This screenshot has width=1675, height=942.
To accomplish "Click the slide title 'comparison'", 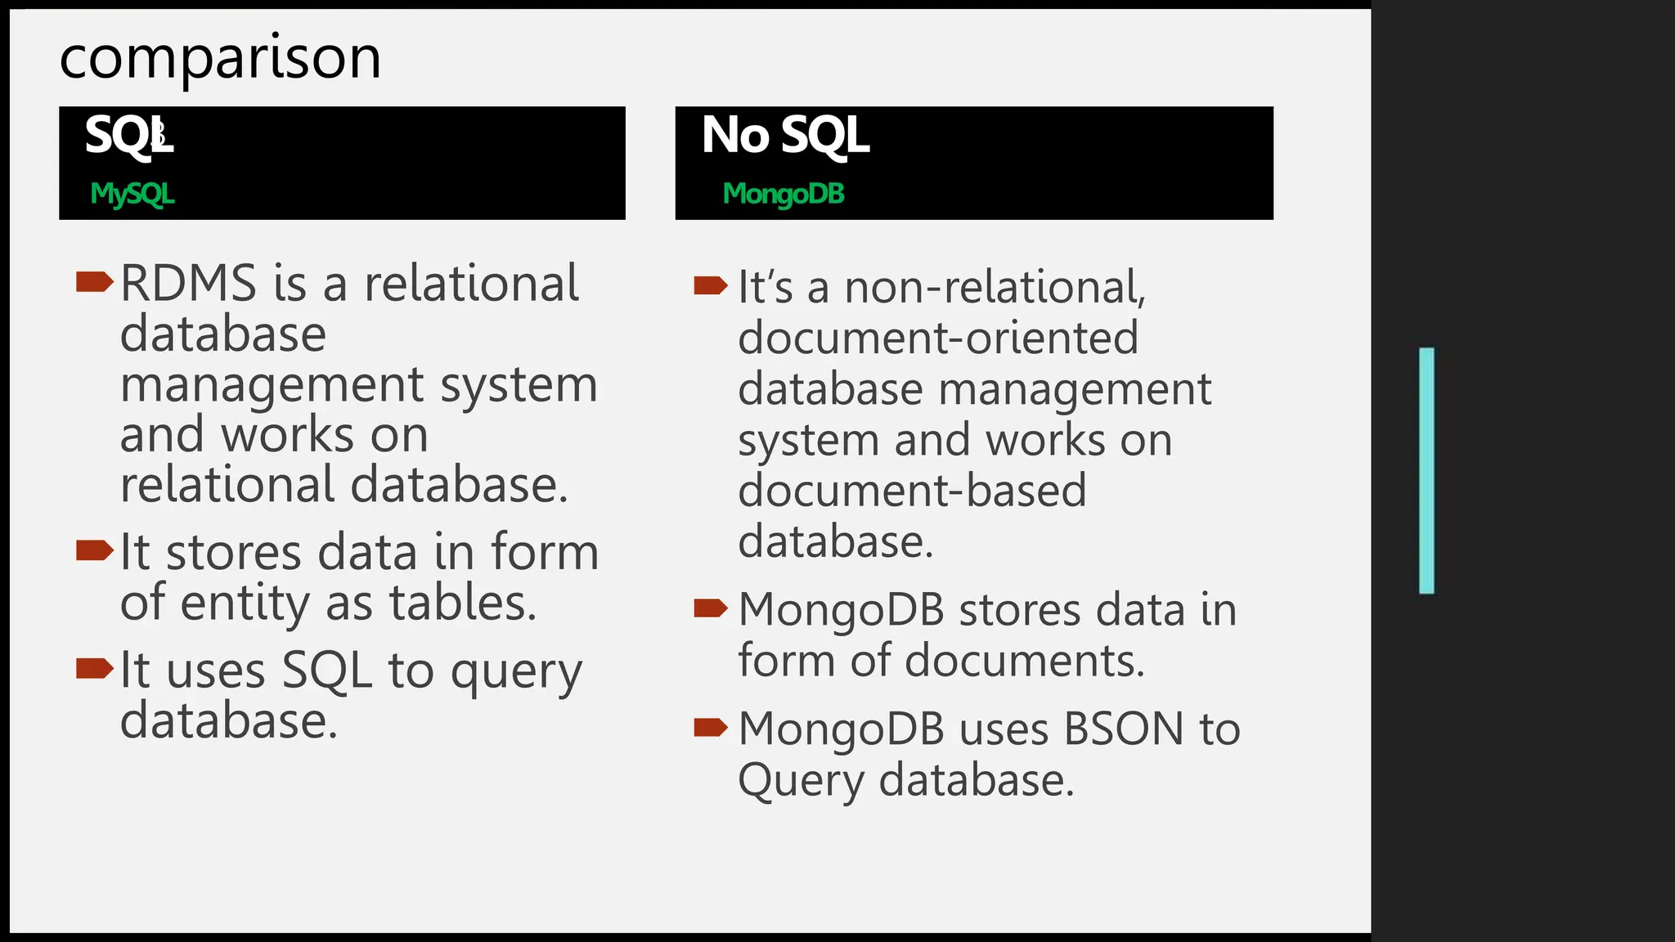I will [220, 58].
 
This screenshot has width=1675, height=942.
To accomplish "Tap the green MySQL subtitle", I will [132, 194].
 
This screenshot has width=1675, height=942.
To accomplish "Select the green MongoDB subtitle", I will [783, 194].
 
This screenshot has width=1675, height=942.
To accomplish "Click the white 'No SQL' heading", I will [784, 135].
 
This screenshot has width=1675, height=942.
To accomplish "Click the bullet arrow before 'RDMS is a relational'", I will [93, 282].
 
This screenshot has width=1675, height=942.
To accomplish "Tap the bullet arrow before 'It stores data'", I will [93, 550].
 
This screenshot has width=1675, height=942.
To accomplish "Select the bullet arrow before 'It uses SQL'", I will [93, 668].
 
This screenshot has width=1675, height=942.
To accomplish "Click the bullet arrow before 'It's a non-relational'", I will [710, 285].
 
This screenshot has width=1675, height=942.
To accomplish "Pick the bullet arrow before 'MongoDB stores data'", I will [710, 608].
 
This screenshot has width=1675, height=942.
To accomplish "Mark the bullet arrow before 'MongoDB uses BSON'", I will [710, 727].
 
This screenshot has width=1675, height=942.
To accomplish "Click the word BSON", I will [1124, 729].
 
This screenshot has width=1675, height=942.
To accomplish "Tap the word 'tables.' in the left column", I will [462, 603].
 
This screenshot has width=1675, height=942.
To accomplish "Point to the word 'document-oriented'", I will [937, 338].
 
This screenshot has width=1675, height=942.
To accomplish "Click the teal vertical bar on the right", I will [1426, 470].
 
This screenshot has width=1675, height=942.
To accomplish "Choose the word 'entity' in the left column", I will [245, 603].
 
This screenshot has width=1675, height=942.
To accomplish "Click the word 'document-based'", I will [912, 491].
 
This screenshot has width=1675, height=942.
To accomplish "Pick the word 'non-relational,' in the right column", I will [995, 287].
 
